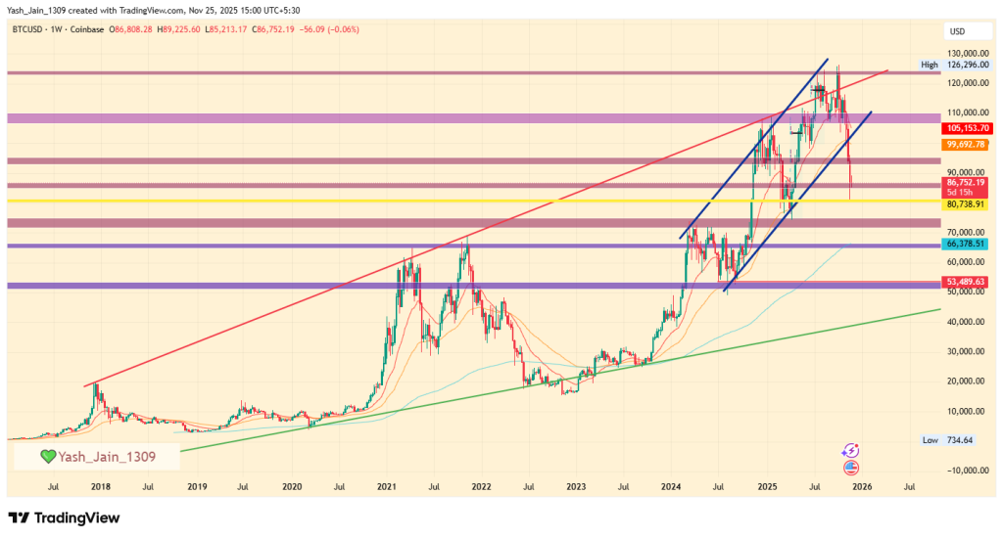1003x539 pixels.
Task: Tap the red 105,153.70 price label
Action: coord(966,128)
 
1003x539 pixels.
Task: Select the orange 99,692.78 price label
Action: coord(966,144)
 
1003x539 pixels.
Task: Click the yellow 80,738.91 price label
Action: coord(966,204)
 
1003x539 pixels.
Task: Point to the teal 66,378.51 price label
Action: coord(966,243)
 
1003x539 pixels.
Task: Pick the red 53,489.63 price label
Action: coord(966,282)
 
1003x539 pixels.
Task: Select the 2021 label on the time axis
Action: coord(386,486)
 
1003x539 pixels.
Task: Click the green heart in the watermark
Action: coord(47,456)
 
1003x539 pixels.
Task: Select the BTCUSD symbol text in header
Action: coord(29,30)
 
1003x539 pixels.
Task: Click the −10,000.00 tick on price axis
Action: coord(964,471)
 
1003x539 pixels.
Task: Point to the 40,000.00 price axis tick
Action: coord(966,322)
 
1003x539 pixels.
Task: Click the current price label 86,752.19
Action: coord(966,182)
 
